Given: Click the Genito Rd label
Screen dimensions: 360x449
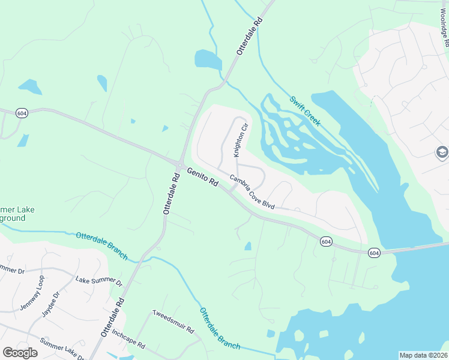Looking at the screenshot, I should click(x=202, y=178).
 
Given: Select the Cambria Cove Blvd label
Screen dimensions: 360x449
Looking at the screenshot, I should click(x=252, y=192).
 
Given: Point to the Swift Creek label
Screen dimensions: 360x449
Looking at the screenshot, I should click(x=305, y=111).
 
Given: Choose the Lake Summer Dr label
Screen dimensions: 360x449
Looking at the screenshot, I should click(x=98, y=280).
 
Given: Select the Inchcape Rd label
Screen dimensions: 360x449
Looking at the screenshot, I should click(x=128, y=338).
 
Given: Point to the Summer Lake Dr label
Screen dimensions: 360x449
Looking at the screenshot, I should click(x=62, y=349).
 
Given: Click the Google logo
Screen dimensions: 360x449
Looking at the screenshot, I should click(x=20, y=353).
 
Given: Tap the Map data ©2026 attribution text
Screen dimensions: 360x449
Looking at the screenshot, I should click(x=423, y=355).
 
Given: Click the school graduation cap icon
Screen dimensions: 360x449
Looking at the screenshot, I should click(x=442, y=152).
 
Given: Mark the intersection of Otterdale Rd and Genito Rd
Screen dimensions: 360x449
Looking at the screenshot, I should click(x=180, y=164).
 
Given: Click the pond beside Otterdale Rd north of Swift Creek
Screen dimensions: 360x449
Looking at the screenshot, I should click(x=208, y=59).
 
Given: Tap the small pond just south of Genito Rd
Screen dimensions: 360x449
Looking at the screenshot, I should click(x=248, y=246).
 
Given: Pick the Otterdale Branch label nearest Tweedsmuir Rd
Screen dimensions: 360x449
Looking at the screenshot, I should click(x=220, y=329).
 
